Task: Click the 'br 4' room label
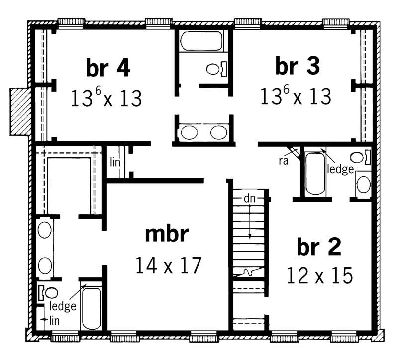[x=108, y=69]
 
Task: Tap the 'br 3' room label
[x=297, y=67]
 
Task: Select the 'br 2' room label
[x=319, y=247]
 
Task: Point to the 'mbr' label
[x=167, y=235]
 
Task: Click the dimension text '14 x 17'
[x=168, y=265]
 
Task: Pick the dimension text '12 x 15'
[x=319, y=275]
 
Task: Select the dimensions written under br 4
[x=106, y=98]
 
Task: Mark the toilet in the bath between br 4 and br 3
[x=215, y=68]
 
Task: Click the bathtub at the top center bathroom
[x=202, y=41]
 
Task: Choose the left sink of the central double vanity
[x=189, y=133]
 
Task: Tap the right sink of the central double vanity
[x=218, y=133]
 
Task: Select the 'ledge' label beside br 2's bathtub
[x=340, y=169]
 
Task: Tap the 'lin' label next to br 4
[x=114, y=162]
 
